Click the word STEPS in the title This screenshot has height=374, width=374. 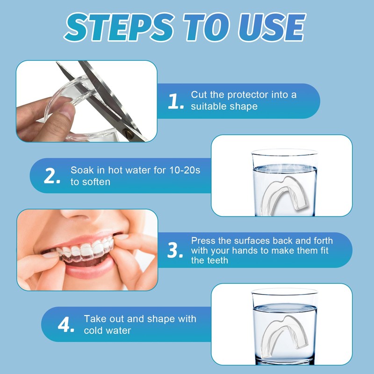click(x=119, y=27)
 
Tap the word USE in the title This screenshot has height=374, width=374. click(x=272, y=27)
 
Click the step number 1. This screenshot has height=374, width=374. click(x=176, y=101)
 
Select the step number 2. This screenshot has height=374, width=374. click(x=52, y=176)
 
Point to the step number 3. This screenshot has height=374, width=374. click(x=175, y=250)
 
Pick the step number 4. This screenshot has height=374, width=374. click(x=66, y=324)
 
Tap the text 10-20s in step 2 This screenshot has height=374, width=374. click(x=185, y=170)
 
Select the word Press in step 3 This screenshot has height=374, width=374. click(x=203, y=241)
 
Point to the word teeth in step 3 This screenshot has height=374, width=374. click(x=216, y=260)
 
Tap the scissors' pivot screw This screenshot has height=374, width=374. click(x=130, y=134)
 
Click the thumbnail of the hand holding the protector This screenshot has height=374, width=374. click(x=86, y=101)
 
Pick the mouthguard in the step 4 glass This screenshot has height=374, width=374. click(x=284, y=334)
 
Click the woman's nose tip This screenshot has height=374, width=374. click(x=77, y=214)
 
